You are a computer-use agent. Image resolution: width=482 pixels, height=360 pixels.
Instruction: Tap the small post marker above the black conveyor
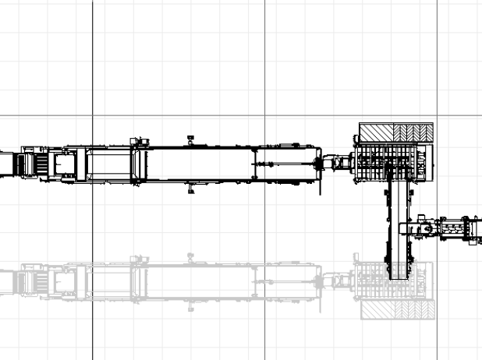pos(190,139)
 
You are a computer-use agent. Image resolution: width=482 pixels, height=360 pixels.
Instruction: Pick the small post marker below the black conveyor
pos(191,189)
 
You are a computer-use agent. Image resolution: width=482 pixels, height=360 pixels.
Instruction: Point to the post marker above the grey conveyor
pos(191,256)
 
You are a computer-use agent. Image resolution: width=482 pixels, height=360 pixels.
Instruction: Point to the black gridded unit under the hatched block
pos(390,162)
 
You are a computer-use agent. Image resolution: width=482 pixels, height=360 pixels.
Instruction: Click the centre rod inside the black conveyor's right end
pos(285,164)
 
